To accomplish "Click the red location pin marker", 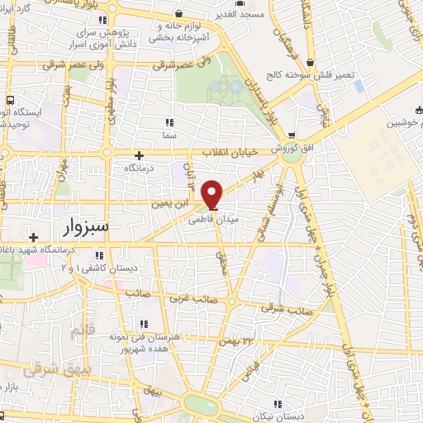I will click(x=212, y=193).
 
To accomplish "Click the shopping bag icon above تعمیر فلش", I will click(x=310, y=61).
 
